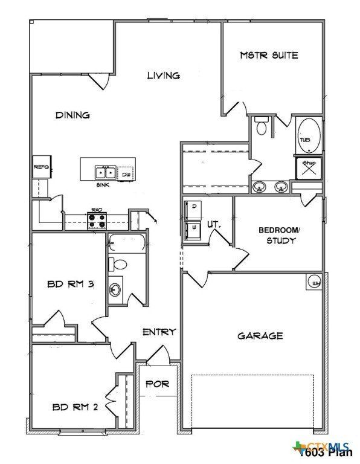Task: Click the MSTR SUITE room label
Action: (x=269, y=55)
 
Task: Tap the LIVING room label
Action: (x=164, y=76)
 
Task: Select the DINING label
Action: (x=72, y=115)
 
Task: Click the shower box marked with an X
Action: (x=308, y=168)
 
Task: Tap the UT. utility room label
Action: (x=214, y=224)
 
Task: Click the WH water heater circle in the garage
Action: (x=315, y=282)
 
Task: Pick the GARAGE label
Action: (x=259, y=335)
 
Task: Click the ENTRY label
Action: (x=159, y=332)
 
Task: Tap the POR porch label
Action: (x=158, y=384)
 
